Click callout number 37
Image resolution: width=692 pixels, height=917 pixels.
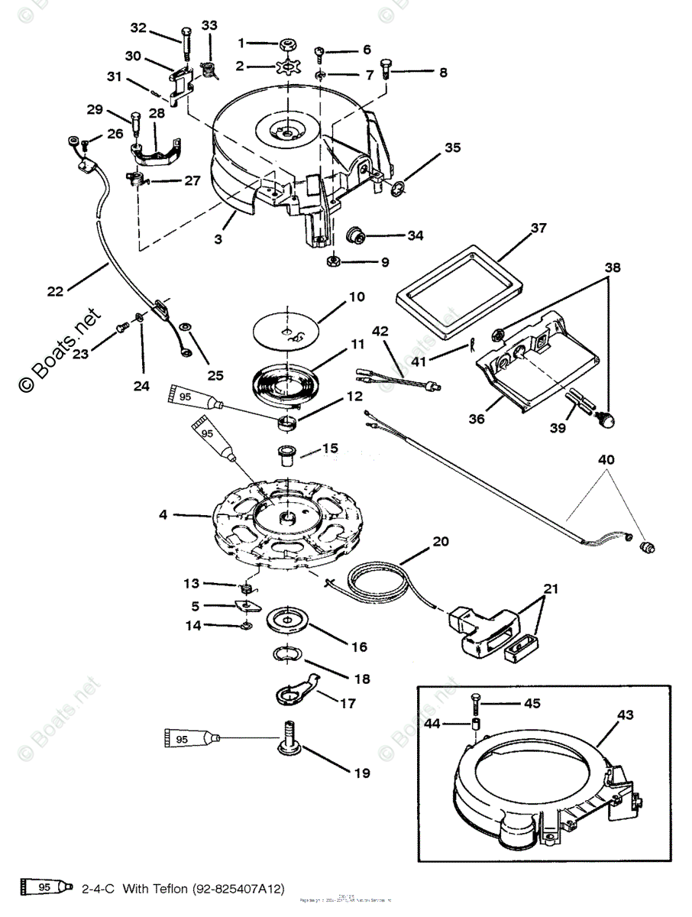pyautogui.click(x=539, y=228)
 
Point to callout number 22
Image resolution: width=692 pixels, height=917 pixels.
pyautogui.click(x=54, y=291)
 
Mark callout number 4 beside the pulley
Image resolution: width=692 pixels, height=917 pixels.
pyautogui.click(x=163, y=515)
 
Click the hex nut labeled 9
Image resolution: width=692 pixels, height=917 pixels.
pyautogui.click(x=335, y=261)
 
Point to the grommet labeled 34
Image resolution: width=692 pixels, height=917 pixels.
pyautogui.click(x=354, y=233)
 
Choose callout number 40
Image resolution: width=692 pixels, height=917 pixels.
pyautogui.click(x=606, y=460)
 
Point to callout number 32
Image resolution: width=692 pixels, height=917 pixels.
pyautogui.click(x=138, y=28)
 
